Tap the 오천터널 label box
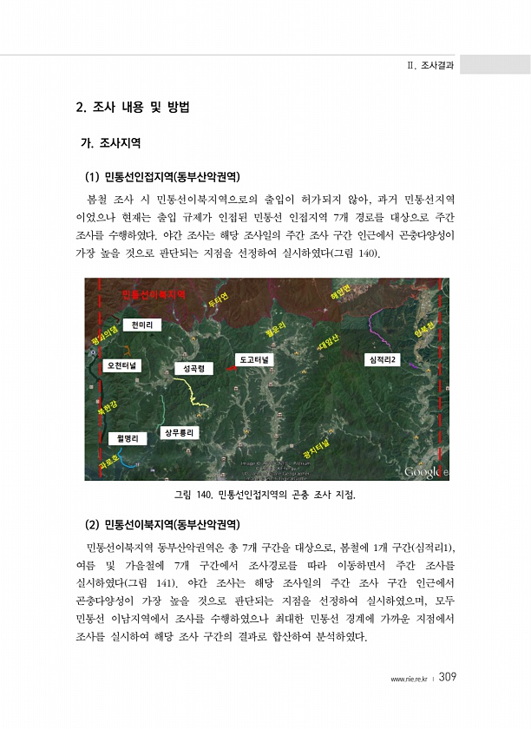[x=125, y=366]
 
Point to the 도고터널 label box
[x=254, y=359]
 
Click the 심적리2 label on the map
[x=383, y=359]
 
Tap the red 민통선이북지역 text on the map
[x=154, y=295]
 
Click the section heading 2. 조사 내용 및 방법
[x=133, y=108]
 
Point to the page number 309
[x=448, y=677]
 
